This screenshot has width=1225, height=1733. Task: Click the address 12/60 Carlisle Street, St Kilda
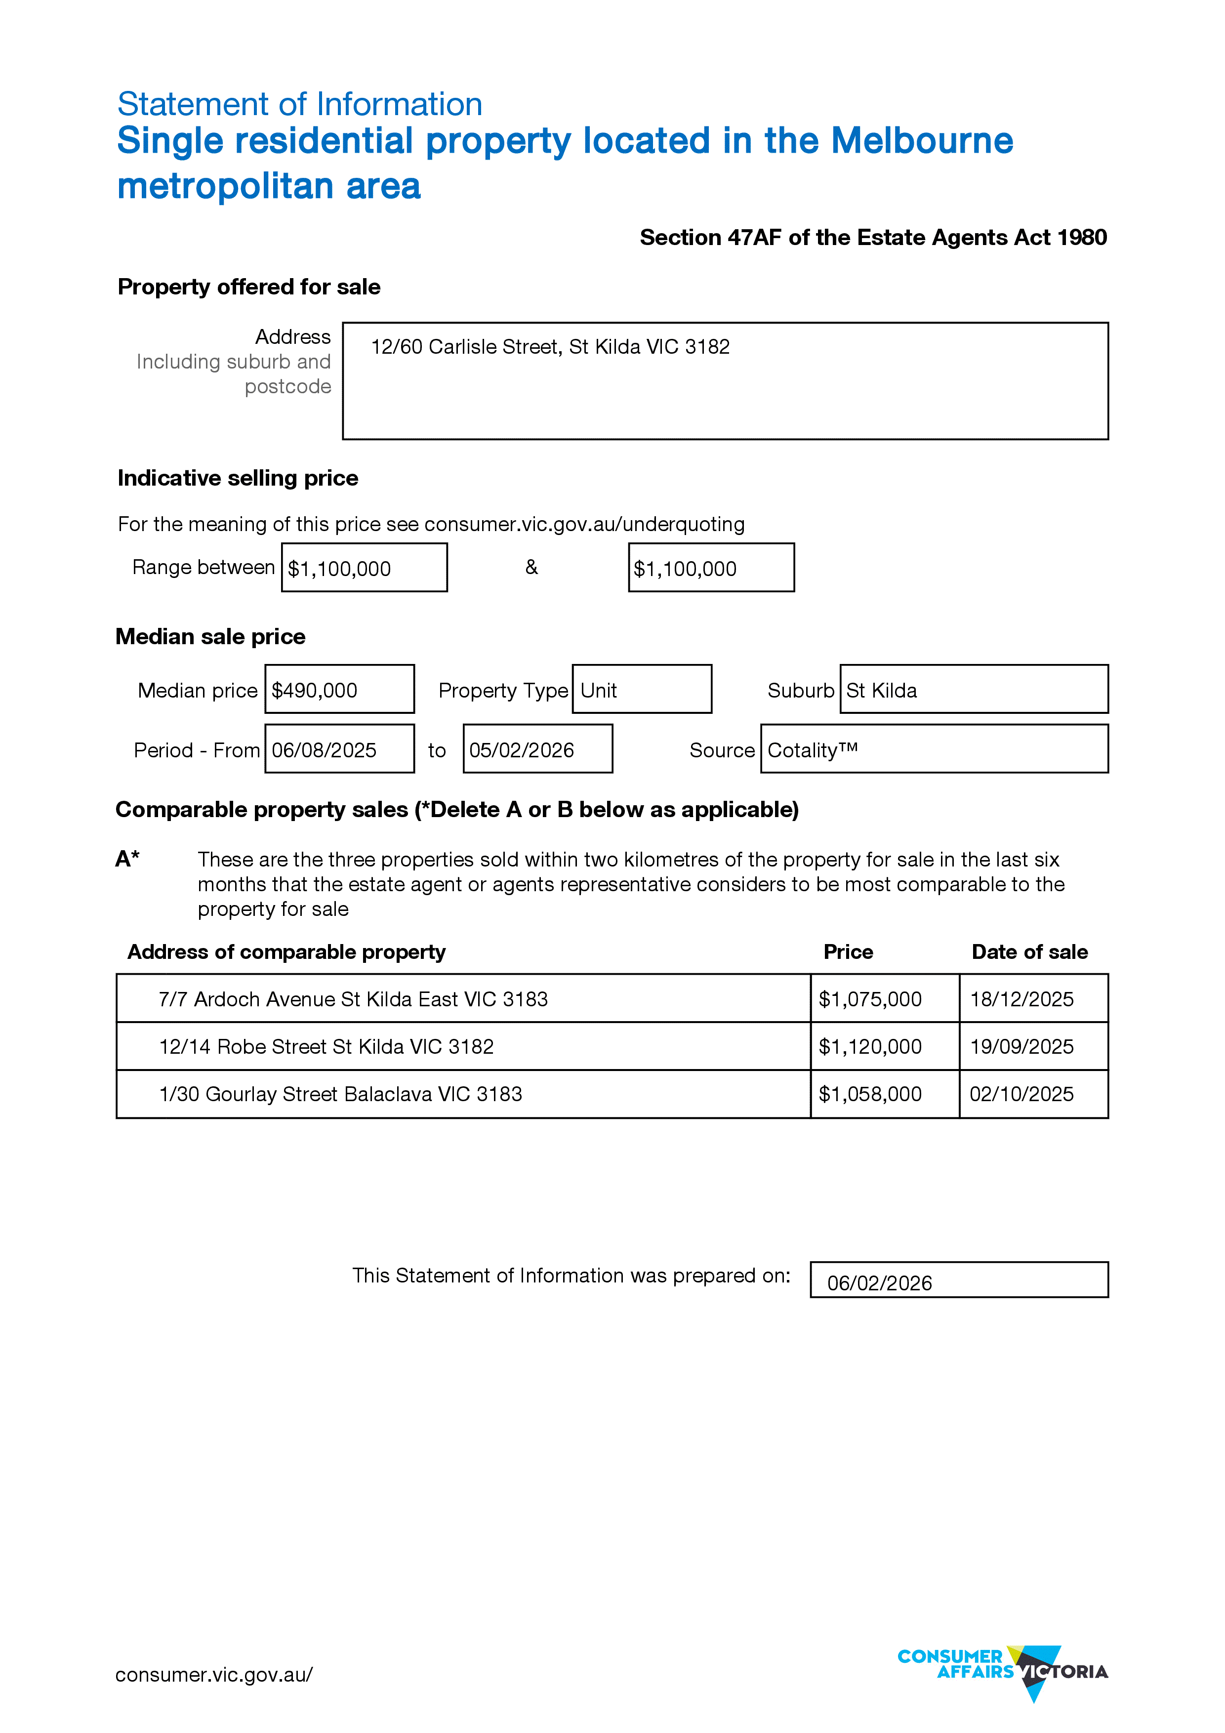coord(550,347)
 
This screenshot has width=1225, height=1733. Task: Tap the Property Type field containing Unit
coord(642,690)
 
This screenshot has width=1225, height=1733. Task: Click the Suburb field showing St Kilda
coord(973,690)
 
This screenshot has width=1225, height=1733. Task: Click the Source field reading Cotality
coord(934,749)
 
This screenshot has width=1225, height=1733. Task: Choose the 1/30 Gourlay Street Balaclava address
coord(340,1094)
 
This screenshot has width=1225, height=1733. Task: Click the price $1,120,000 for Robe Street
coord(870,1047)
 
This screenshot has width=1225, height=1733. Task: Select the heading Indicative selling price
coord(238,478)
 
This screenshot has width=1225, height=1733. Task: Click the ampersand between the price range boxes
coord(531,567)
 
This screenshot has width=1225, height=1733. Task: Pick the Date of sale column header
coord(1029,952)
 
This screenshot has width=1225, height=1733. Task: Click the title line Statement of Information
coord(300,104)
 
